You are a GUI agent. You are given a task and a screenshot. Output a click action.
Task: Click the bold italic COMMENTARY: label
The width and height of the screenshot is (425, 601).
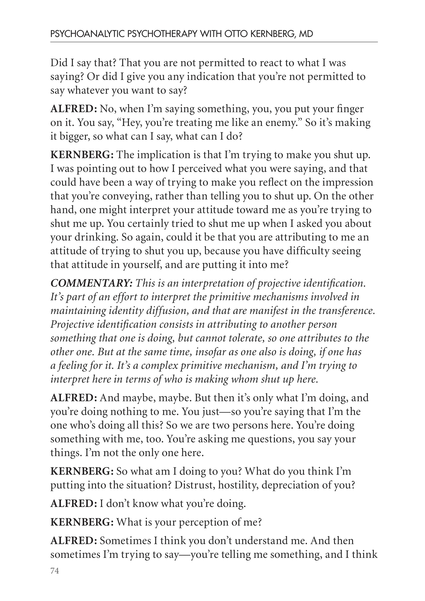click(x=91, y=283)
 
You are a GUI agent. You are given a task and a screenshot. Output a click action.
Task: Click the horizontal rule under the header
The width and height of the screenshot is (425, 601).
click(x=214, y=42)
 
